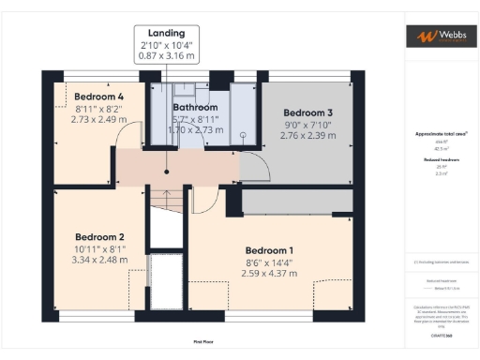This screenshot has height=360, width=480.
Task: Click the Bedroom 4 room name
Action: [x=100, y=97]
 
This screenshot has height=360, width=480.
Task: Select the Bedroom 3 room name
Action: [x=308, y=112]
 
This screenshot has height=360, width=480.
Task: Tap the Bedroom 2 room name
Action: [x=100, y=237]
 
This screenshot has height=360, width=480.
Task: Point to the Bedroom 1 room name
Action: [x=270, y=250]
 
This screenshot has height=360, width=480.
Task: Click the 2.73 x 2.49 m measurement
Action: [x=100, y=120]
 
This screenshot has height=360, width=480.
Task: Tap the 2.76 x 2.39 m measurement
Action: [x=308, y=136]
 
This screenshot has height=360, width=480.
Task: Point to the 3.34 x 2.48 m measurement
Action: [x=100, y=261]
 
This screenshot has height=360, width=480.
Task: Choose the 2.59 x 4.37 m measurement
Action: [x=270, y=274]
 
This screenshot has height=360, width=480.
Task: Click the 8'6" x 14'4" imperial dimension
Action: [x=270, y=262]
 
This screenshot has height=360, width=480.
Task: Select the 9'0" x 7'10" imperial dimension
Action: [x=308, y=125]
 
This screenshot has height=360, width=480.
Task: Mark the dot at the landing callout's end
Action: [x=165, y=171]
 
